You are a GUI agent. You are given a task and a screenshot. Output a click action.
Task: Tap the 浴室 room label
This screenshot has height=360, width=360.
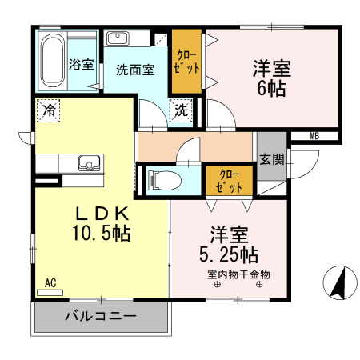81,64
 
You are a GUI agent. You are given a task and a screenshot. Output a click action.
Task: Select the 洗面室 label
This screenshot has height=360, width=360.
134,70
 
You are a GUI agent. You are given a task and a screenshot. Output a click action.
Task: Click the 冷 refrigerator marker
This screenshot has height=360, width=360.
49,108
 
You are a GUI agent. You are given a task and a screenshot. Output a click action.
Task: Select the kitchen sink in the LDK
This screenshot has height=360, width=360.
89,163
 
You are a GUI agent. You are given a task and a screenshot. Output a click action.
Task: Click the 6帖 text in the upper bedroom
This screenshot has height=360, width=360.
272,89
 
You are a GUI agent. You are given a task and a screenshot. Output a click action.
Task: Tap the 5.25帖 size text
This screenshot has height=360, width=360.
228,255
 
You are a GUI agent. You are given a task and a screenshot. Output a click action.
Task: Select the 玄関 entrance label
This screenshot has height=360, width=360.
271,158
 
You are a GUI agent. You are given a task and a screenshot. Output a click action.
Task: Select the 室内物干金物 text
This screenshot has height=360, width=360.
238,275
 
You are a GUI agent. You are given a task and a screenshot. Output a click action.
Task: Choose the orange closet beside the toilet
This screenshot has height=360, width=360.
226,181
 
